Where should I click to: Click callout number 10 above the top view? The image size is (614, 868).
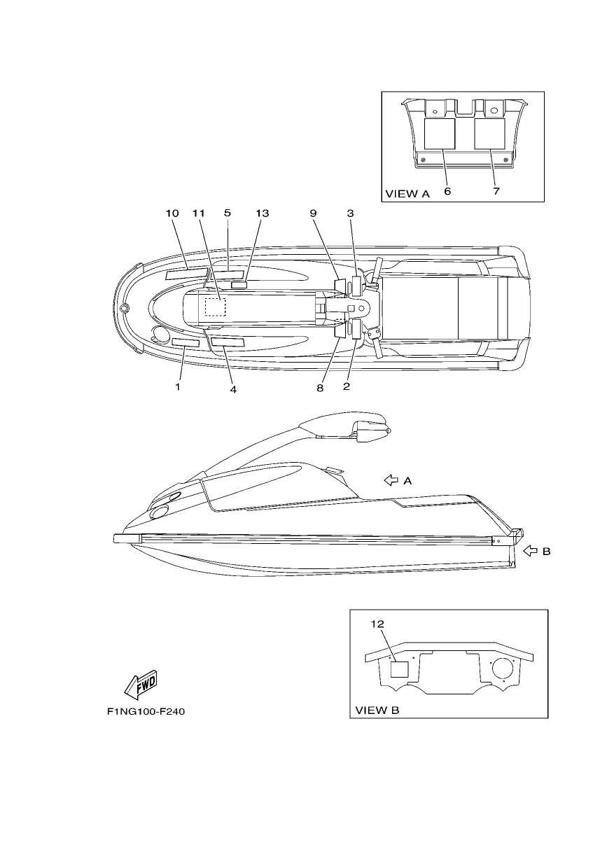pyautogui.click(x=172, y=213)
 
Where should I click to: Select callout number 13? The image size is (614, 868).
pyautogui.click(x=262, y=213)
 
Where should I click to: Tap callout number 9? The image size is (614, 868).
pyautogui.click(x=313, y=213)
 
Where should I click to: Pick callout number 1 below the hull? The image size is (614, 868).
pyautogui.click(x=178, y=386)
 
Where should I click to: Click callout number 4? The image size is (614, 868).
pyautogui.click(x=233, y=389)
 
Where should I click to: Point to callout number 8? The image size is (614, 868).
pyautogui.click(x=320, y=388)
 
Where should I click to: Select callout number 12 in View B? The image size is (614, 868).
pyautogui.click(x=377, y=624)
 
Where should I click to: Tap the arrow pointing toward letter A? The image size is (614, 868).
pyautogui.click(x=391, y=480)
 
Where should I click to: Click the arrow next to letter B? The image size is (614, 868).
pyautogui.click(x=530, y=551)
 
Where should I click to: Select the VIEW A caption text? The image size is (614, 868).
pyautogui.click(x=407, y=194)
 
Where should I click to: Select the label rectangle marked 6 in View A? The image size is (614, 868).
pyautogui.click(x=440, y=134)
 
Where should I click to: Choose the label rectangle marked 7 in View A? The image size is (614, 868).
pyautogui.click(x=489, y=134)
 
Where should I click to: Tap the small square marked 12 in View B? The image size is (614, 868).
pyautogui.click(x=399, y=669)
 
